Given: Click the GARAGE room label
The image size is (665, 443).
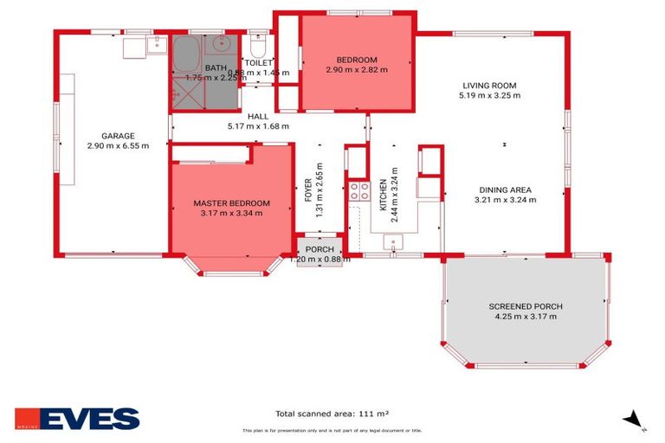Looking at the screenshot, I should coord(117,136).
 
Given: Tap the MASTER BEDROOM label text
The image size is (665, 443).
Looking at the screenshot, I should coord(231,203).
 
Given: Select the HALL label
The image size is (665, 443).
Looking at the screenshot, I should coord(257,116).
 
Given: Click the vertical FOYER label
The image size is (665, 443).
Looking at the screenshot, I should coord(309,196).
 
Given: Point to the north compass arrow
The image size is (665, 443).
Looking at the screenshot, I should coord(635,419).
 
